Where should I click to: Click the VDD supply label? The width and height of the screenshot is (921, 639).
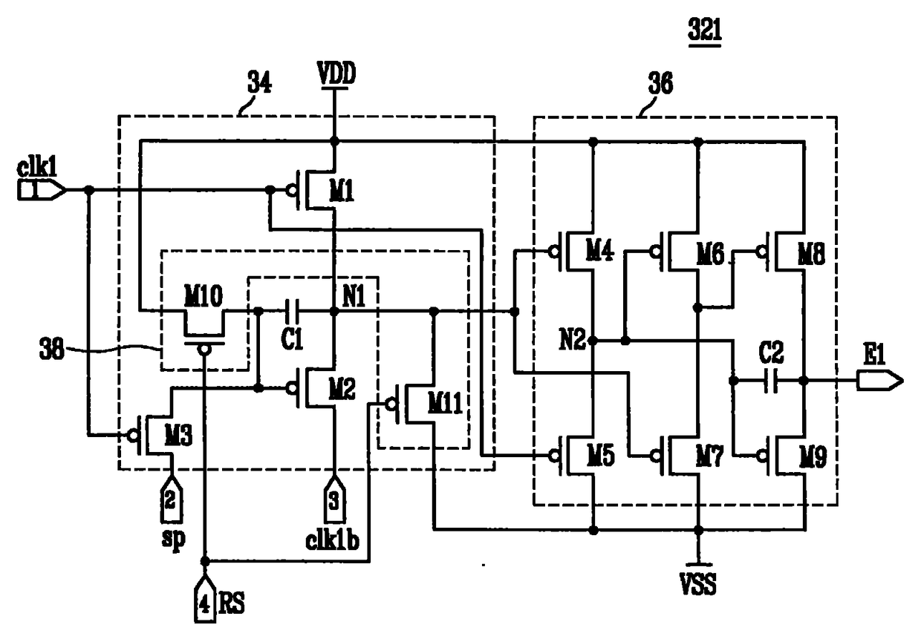point(336,74)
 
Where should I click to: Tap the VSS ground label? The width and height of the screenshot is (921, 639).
point(698,583)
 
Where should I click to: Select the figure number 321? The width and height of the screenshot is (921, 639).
point(705,30)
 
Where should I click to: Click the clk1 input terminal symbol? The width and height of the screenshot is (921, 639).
point(42,190)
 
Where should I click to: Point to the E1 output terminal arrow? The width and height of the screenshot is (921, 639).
point(880,381)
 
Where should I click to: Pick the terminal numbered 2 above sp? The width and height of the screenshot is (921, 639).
point(170,499)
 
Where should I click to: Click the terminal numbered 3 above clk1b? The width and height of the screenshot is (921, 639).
point(334,499)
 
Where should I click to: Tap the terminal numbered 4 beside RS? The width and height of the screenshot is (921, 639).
point(205,599)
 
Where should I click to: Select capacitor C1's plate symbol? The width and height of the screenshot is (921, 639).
point(293,312)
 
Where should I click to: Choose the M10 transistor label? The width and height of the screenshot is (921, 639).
point(203,296)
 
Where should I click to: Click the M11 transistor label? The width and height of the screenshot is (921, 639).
point(445,403)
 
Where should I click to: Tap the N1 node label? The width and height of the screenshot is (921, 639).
point(354,296)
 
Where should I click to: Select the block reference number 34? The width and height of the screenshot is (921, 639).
point(259,83)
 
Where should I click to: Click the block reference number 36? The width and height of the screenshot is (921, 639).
point(660,83)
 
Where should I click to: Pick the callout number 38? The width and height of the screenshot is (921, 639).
point(52,350)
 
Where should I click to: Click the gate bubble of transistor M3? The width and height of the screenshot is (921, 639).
point(132,435)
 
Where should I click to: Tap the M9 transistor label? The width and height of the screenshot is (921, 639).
point(813,456)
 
